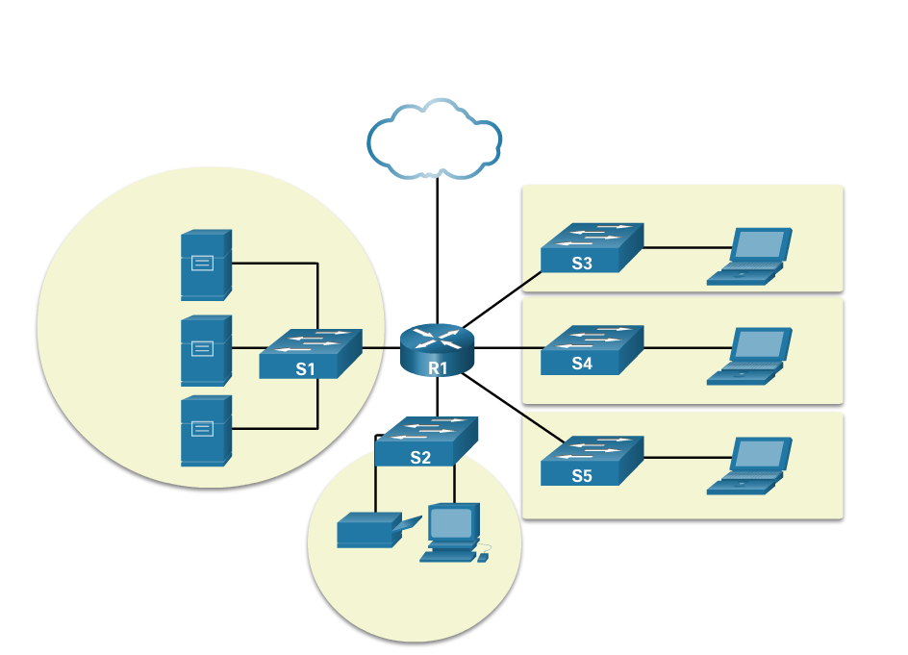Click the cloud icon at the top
(434, 140)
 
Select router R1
(437, 349)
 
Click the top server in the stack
(206, 265)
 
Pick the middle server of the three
(206, 350)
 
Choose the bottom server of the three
(206, 430)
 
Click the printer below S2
(373, 531)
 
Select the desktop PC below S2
(452, 533)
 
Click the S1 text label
(305, 368)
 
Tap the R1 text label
(438, 367)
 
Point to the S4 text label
(582, 364)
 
